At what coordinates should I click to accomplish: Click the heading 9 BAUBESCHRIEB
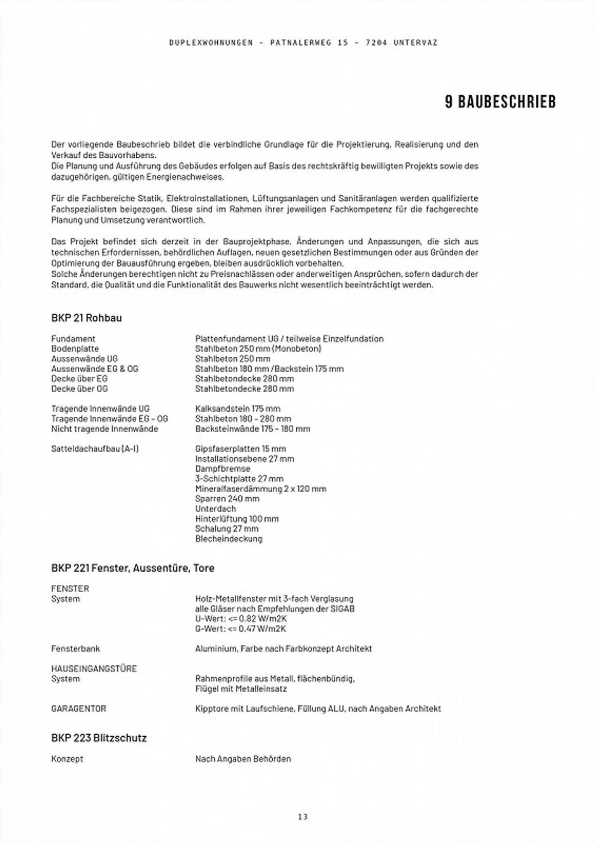(x=500, y=102)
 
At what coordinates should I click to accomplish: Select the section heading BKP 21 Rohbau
(x=86, y=318)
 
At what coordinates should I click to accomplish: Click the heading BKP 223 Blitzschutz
(x=99, y=738)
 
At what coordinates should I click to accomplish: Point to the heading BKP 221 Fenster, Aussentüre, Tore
(x=133, y=568)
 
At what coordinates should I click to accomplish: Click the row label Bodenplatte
(x=75, y=349)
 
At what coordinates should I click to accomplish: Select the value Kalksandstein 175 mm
(x=238, y=408)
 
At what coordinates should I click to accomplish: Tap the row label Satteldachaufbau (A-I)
(x=95, y=448)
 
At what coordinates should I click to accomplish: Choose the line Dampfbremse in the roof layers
(x=222, y=469)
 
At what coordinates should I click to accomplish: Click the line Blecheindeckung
(x=228, y=538)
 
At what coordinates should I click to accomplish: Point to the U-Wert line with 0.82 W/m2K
(x=241, y=619)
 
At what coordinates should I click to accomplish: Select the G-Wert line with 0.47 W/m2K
(x=240, y=629)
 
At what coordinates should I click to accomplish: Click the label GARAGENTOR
(x=79, y=709)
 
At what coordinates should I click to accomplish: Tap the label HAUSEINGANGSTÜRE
(x=94, y=669)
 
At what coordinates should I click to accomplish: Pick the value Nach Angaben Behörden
(x=243, y=759)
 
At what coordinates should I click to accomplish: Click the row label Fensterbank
(x=75, y=648)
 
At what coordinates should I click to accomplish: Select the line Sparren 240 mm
(x=227, y=498)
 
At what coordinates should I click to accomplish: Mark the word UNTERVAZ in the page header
(x=415, y=43)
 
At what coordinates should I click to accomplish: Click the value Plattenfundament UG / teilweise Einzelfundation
(x=289, y=339)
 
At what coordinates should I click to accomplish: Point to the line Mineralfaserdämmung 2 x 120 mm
(x=260, y=489)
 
